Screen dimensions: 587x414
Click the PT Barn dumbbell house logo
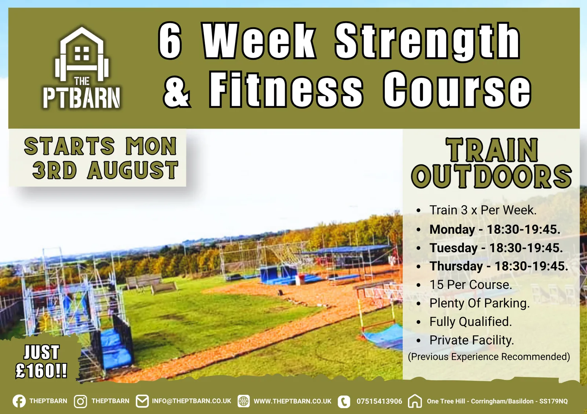pyautogui.click(x=82, y=68)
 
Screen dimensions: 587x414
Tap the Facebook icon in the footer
pyautogui.click(x=19, y=401)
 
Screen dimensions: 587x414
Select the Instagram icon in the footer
pyautogui.click(x=80, y=401)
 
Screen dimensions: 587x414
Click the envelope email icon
pyautogui.click(x=142, y=401)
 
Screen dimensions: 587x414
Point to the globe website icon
pyautogui.click(x=244, y=401)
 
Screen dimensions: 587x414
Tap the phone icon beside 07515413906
pyautogui.click(x=344, y=402)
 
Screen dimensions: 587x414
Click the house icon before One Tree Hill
pyautogui.click(x=415, y=401)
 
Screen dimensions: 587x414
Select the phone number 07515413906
pyautogui.click(x=379, y=402)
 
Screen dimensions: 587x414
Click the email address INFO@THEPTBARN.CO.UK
pyautogui.click(x=192, y=401)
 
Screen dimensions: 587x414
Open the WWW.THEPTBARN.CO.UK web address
pyautogui.click(x=292, y=402)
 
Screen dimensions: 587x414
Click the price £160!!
pyautogui.click(x=41, y=371)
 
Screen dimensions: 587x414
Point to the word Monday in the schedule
pyautogui.click(x=452, y=230)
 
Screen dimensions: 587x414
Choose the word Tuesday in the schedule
pyautogui.click(x=453, y=248)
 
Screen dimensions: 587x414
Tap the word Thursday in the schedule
pyautogui.click(x=456, y=266)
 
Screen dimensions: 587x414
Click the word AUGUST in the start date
pyautogui.click(x=133, y=170)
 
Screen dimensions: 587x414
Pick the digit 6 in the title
pyautogui.click(x=170, y=40)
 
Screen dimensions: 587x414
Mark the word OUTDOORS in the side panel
pyautogui.click(x=491, y=177)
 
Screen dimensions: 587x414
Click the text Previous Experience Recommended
pyautogui.click(x=489, y=357)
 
